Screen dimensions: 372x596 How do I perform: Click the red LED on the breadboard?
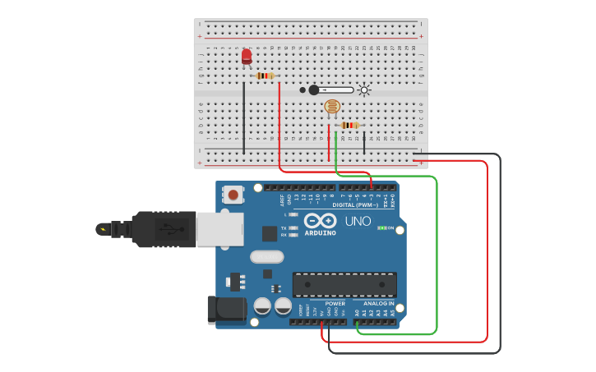247,56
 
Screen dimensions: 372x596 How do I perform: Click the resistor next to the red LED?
264,76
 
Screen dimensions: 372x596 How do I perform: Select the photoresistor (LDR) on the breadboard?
332,106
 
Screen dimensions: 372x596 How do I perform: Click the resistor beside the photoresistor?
349,125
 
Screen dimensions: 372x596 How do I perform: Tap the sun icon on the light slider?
363,90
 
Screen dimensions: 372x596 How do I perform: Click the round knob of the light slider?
314,90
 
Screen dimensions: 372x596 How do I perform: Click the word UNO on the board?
358,221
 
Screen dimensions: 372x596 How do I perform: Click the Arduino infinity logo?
320,219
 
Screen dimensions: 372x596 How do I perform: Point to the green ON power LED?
381,227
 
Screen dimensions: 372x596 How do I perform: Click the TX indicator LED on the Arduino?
293,227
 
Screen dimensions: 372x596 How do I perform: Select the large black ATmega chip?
344,284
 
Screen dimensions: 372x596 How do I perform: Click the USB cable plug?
164,229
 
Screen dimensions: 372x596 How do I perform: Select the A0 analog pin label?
358,313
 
